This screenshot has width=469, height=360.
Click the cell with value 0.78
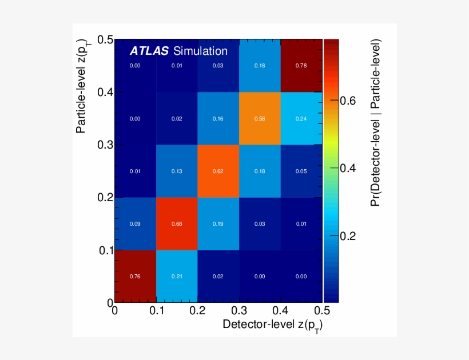click(301, 66)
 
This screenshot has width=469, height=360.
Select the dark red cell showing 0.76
click(136, 276)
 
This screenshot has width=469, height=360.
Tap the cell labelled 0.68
click(177, 223)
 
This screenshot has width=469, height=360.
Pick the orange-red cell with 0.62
click(218, 171)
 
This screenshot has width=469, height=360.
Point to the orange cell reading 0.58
click(260, 118)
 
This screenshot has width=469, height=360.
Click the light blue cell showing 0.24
click(301, 118)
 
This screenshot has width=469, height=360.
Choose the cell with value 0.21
click(177, 276)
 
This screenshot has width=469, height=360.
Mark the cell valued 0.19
click(218, 223)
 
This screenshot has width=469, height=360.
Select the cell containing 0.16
click(218, 118)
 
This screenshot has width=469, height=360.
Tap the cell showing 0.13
click(177, 171)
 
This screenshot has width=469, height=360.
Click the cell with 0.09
click(136, 223)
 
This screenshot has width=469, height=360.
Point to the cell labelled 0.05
click(301, 171)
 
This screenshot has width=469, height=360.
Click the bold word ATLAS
click(149, 51)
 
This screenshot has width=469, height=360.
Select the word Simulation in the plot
click(200, 51)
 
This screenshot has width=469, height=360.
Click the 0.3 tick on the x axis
click(239, 310)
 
